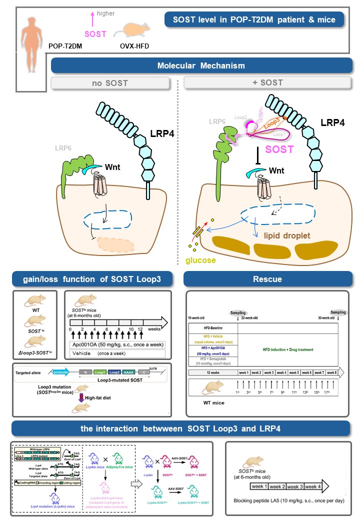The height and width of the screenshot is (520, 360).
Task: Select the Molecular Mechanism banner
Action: tap(200, 66)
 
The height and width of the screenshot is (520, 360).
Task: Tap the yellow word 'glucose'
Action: tap(201, 260)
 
